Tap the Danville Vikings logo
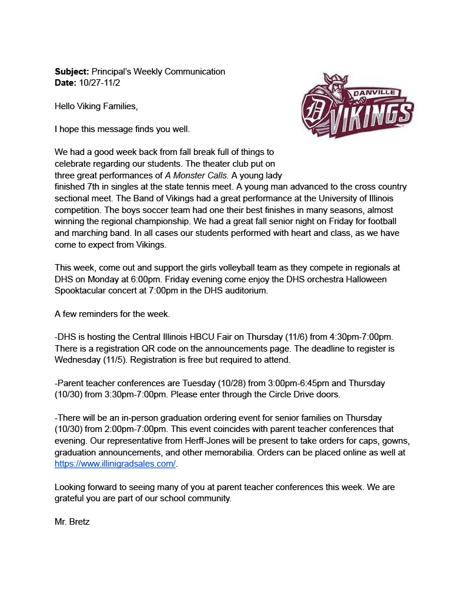pyautogui.click(x=357, y=106)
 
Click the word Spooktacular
pyautogui.click(x=82, y=291)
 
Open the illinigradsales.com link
pyautogui.click(x=115, y=464)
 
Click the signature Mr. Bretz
pyautogui.click(x=72, y=521)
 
